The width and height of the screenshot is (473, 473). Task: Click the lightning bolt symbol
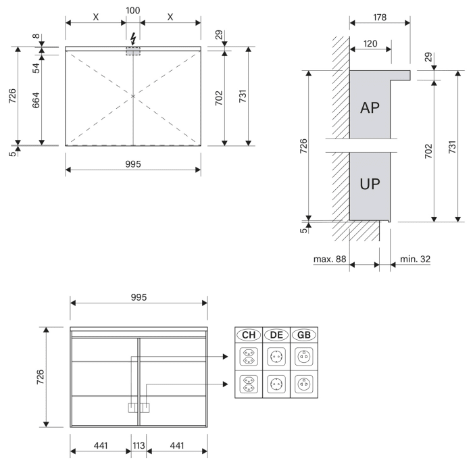tap(133, 37)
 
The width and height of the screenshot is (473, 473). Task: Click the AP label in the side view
tap(370, 109)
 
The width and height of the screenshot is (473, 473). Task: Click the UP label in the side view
tap(370, 184)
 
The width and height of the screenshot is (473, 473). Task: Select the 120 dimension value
tap(370, 43)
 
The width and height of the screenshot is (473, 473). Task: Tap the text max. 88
tap(330, 259)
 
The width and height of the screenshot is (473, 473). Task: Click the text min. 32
tap(414, 259)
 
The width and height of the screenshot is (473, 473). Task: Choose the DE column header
tap(276, 334)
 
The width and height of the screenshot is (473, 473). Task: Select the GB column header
tap(303, 334)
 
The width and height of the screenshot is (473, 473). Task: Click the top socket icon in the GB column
tap(303, 356)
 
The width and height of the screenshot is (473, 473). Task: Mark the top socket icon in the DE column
tap(276, 356)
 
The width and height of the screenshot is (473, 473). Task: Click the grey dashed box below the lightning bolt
tap(133, 51)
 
